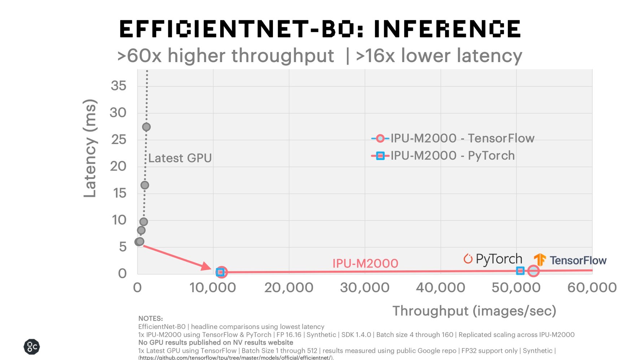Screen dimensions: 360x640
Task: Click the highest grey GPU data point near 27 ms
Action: (146, 127)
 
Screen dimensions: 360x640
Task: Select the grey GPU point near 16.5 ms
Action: (145, 185)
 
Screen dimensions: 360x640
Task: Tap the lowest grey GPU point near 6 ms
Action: (139, 242)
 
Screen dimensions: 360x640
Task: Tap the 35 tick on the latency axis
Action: (118, 86)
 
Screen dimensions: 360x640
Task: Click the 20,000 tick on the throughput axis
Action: (289, 288)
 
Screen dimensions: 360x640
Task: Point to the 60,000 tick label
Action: (592, 288)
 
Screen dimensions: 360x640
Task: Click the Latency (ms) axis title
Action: (90, 148)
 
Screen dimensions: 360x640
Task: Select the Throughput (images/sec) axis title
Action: (474, 311)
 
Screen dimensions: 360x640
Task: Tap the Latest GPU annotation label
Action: (180, 158)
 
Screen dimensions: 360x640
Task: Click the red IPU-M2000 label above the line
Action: (365, 264)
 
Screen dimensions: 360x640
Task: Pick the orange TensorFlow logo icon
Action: (540, 260)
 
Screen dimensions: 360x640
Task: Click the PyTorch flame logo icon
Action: (468, 259)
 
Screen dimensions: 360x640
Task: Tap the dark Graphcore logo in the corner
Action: (32, 347)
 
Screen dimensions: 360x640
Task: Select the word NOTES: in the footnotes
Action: (151, 318)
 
